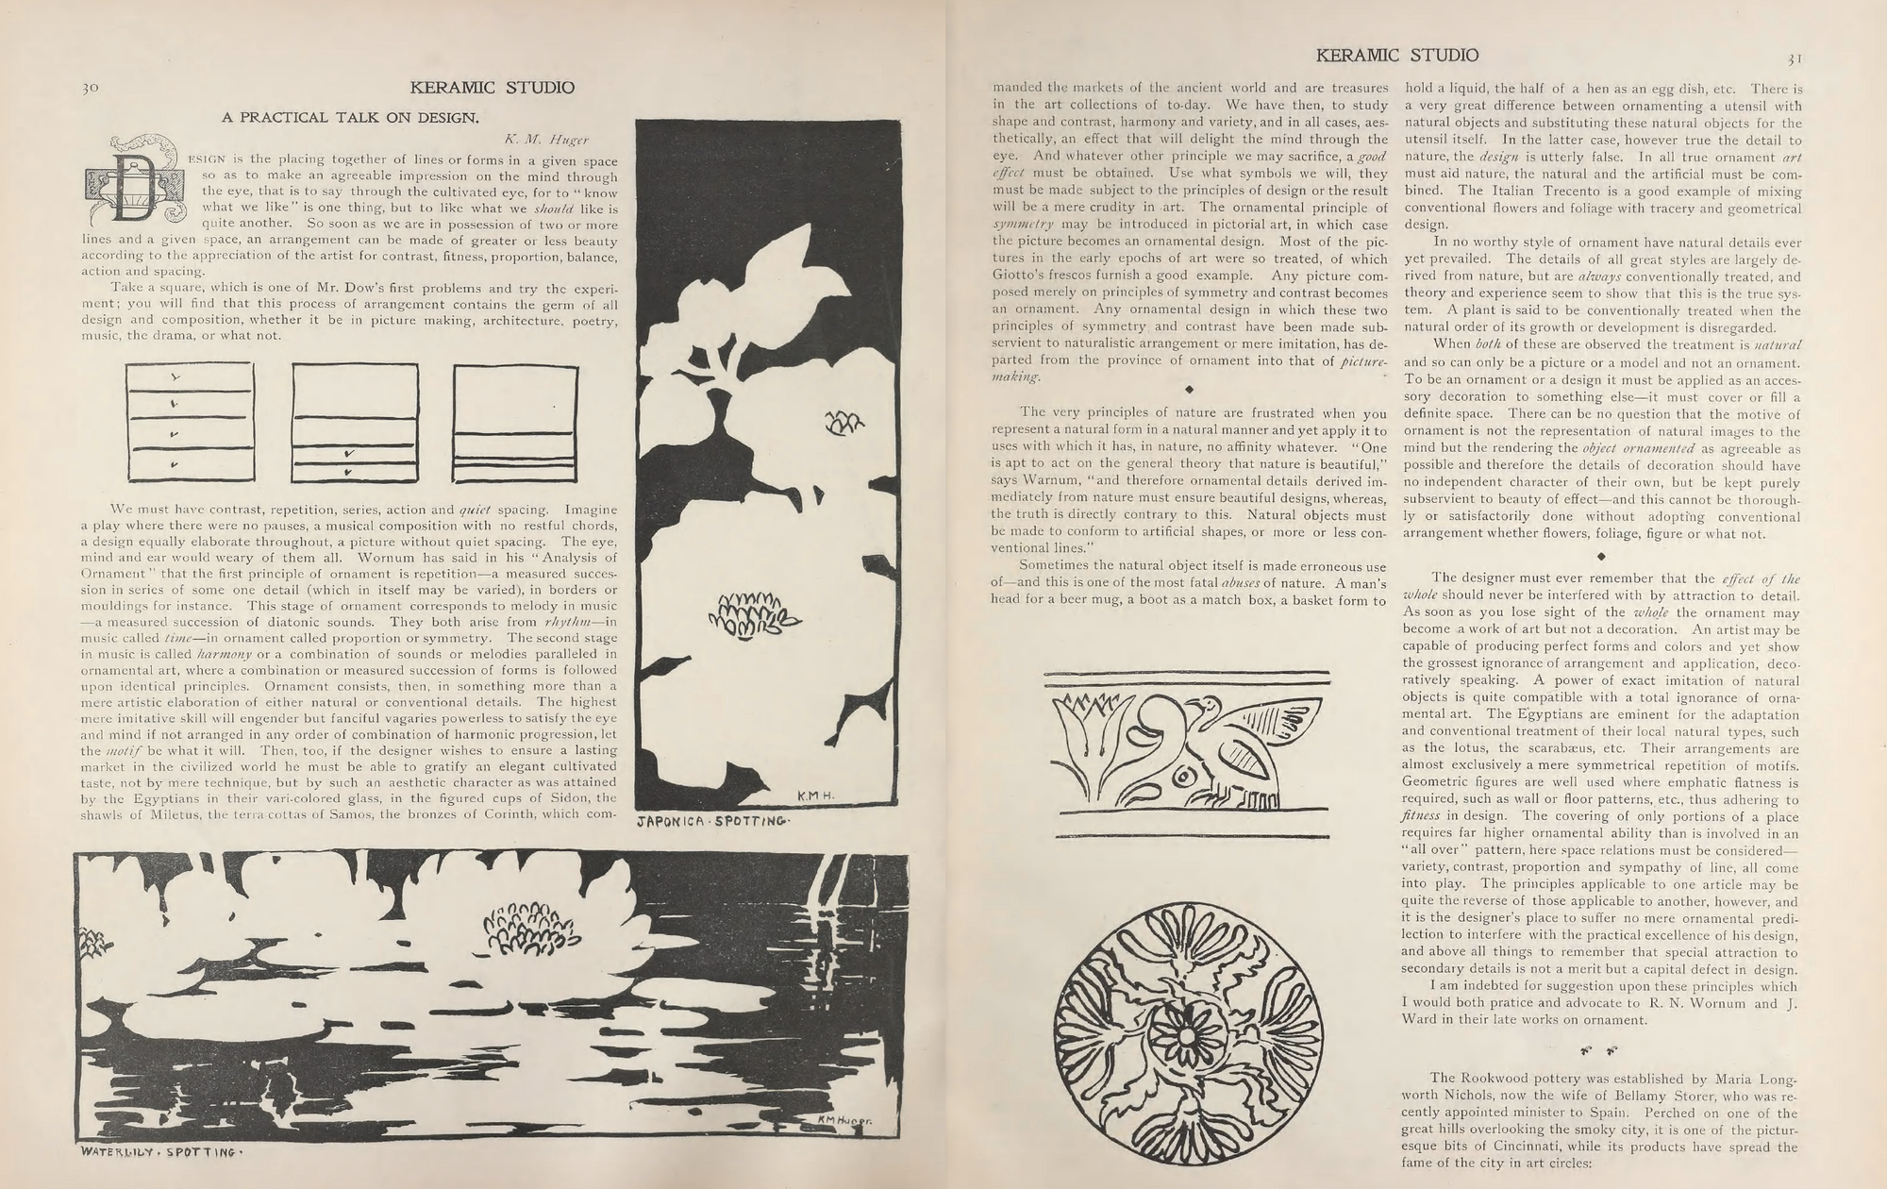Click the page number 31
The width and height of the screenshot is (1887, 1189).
click(x=1794, y=58)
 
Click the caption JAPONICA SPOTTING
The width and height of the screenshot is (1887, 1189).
click(x=712, y=823)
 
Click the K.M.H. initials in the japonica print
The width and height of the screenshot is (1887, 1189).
click(x=812, y=797)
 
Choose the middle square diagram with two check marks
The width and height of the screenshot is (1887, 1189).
click(x=354, y=421)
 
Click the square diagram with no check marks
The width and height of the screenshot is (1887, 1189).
click(x=515, y=421)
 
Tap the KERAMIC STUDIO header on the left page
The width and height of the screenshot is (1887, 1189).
click(x=492, y=88)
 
